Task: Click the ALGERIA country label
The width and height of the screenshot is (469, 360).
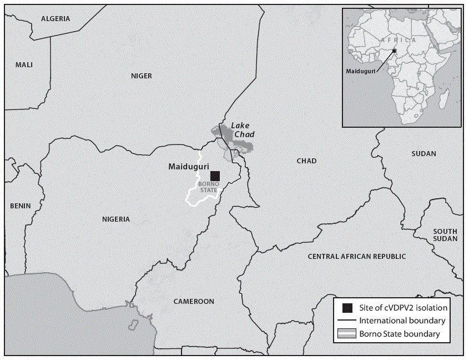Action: click(56, 18)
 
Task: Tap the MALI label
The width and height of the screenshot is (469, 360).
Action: click(24, 65)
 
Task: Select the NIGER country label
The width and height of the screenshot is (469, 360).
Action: click(141, 76)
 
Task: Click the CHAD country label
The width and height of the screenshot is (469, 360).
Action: click(306, 161)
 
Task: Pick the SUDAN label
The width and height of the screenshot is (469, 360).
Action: click(423, 154)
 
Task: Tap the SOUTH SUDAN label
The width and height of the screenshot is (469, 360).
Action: click(445, 235)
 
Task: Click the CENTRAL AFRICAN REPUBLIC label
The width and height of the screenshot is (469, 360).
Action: click(357, 256)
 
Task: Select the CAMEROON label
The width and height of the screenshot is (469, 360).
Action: click(193, 302)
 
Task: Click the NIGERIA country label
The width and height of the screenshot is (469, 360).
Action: click(115, 219)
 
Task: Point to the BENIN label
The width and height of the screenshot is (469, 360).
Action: click(21, 206)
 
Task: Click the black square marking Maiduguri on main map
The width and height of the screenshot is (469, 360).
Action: click(215, 176)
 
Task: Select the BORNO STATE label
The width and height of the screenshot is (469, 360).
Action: click(208, 187)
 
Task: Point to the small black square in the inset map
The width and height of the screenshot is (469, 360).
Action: click(394, 51)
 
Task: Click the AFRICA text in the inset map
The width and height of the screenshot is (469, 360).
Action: click(398, 41)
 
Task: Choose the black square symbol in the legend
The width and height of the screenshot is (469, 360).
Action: click(347, 307)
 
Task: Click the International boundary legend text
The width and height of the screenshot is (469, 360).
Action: click(402, 321)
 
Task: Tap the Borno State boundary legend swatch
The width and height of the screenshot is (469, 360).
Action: click(347, 334)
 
